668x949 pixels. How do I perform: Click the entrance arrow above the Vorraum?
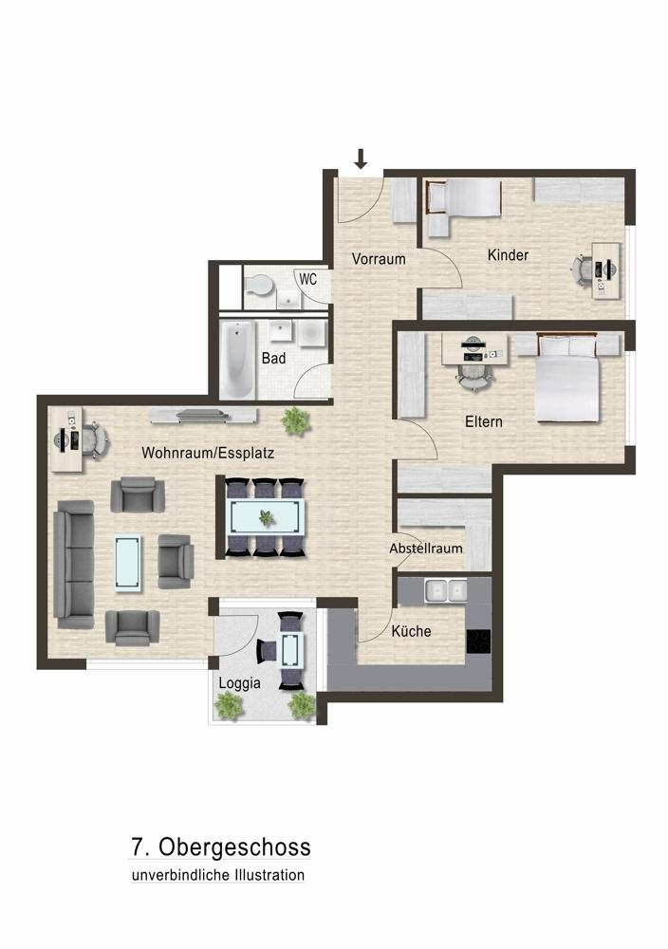tap(361, 158)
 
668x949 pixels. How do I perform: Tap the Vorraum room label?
tap(379, 259)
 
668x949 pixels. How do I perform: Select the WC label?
tap(308, 280)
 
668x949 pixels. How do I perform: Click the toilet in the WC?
tap(258, 285)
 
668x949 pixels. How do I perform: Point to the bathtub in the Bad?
tap(237, 360)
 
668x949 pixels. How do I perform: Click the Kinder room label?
tap(509, 255)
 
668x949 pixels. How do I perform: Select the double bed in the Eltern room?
tap(568, 378)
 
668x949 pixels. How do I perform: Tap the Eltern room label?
tap(484, 422)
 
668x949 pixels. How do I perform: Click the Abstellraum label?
tap(426, 549)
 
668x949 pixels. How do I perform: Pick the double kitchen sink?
tap(446, 590)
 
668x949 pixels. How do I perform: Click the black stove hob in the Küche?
tap(478, 642)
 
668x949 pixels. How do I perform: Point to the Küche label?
tap(412, 631)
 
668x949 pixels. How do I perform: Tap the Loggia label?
tap(240, 684)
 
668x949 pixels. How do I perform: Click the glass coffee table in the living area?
tap(129, 562)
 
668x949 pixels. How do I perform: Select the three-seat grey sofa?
tap(74, 564)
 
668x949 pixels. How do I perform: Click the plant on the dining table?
tap(266, 517)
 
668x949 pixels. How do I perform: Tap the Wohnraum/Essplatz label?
tap(208, 453)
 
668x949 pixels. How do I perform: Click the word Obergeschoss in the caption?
tap(234, 847)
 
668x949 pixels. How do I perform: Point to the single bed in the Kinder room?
tap(465, 197)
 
